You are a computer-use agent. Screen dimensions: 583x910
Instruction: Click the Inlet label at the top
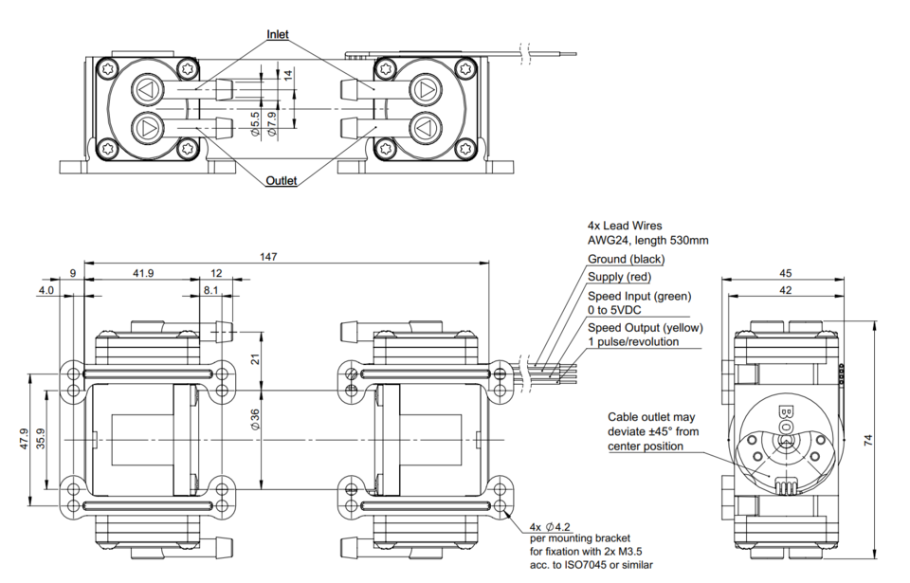pos(278,35)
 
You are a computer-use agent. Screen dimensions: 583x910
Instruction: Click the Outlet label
pos(282,180)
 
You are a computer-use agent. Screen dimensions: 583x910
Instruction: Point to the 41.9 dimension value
pos(144,273)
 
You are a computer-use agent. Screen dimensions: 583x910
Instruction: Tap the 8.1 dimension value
pos(210,290)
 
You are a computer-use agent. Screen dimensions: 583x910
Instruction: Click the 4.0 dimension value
pos(46,290)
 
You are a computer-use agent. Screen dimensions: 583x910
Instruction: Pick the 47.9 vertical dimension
pos(25,441)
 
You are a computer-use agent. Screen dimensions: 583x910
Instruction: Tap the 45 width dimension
pos(785,273)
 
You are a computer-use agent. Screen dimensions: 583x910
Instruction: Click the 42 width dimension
pos(785,290)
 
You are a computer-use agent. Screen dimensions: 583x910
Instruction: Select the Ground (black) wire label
pos(627,259)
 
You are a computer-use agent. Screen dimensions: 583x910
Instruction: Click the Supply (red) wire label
pos(620,277)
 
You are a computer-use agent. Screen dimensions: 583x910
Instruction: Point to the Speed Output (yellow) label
pos(645,328)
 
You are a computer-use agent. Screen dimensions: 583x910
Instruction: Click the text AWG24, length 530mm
pos(648,241)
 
